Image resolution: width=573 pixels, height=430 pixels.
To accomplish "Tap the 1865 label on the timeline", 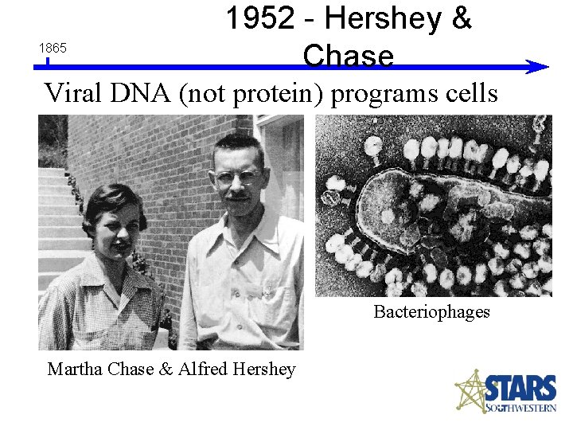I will click(53, 49).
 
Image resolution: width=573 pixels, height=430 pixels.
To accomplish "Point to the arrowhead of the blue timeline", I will click(539, 68).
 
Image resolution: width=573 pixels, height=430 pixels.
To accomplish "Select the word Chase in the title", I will click(348, 56).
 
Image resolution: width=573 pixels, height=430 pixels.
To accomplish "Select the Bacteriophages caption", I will click(431, 311).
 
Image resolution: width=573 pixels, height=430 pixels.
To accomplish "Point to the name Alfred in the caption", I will click(206, 369).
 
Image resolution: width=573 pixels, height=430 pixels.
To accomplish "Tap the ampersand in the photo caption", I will click(166, 369).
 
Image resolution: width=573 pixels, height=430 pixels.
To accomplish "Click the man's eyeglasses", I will click(237, 175).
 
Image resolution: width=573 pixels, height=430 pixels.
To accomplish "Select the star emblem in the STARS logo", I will click(470, 391).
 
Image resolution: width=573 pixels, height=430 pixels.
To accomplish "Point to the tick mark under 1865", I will click(48, 61).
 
